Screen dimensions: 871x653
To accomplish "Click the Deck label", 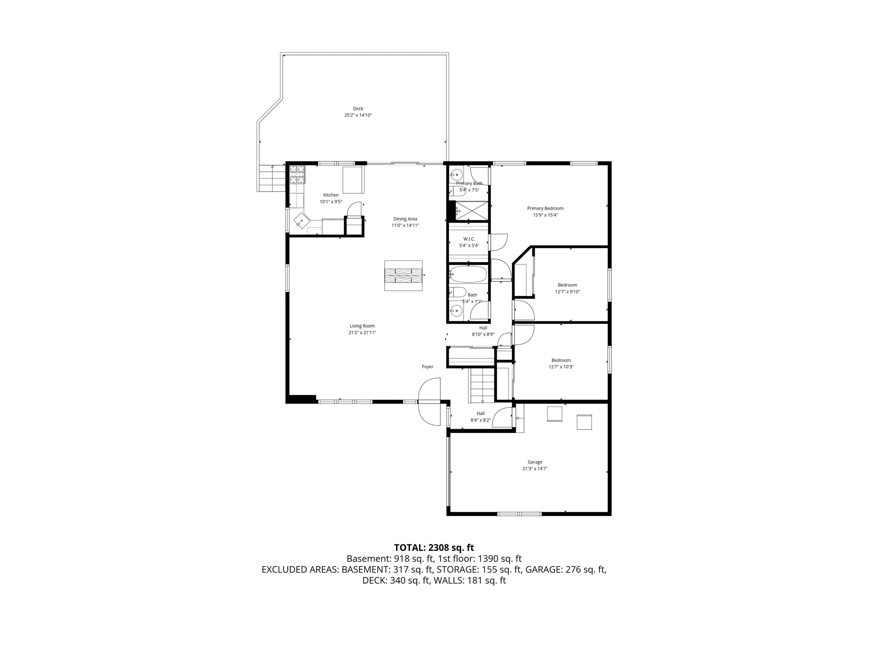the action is click(358, 109).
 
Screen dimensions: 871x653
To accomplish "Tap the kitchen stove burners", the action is click(297, 175).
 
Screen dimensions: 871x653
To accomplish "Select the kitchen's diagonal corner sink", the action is click(302, 221).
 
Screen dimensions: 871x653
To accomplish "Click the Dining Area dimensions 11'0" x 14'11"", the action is click(405, 226).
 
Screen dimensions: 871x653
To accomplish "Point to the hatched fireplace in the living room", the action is click(403, 275).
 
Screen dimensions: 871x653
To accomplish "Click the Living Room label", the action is click(362, 326).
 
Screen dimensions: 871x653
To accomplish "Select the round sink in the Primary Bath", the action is click(456, 174).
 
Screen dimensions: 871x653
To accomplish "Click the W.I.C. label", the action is click(469, 239).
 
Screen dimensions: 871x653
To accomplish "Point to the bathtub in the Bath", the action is click(468, 274).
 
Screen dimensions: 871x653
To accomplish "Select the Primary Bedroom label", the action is click(545, 209).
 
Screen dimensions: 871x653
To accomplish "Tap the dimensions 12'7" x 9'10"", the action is click(568, 291).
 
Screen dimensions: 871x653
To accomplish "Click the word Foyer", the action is click(427, 367).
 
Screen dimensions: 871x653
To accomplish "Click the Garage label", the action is click(535, 462).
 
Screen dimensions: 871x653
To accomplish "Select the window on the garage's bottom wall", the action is click(519, 513).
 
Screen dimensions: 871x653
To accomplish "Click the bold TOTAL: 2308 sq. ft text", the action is click(434, 547).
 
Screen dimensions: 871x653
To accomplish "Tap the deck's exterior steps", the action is click(272, 178).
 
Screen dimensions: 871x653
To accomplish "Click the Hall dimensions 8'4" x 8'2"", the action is click(480, 420).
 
